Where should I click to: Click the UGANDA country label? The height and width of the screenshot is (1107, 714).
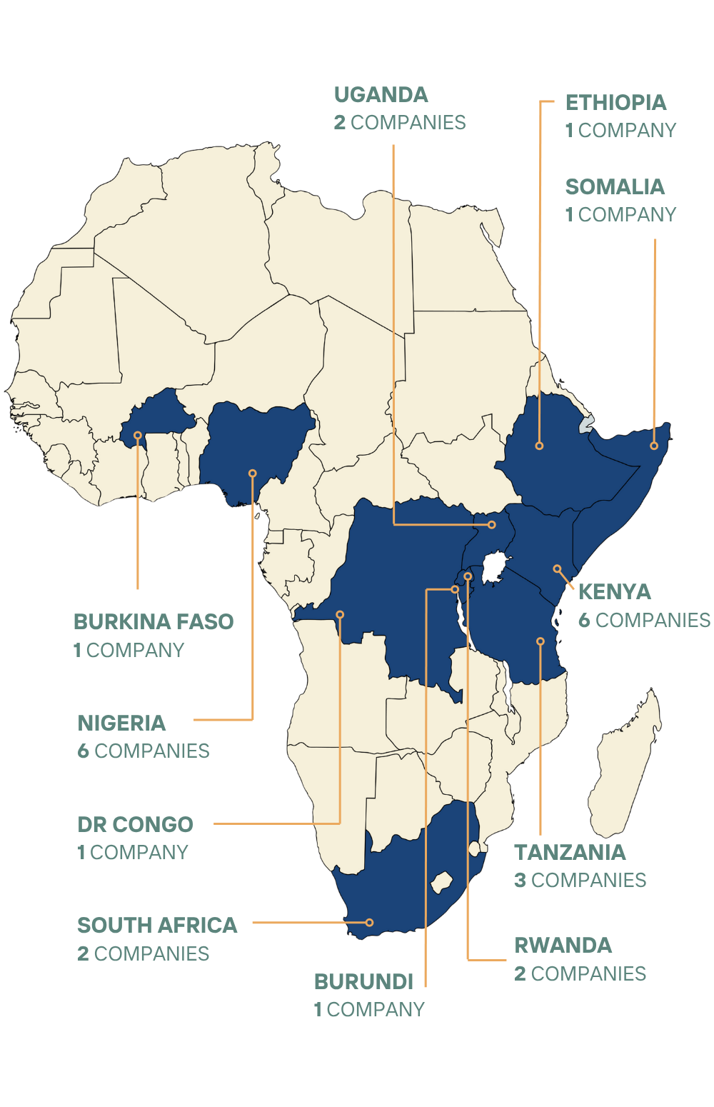point(381,95)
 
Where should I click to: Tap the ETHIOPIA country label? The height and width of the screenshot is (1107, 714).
point(615,103)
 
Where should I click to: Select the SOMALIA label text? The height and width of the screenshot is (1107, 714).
point(615,187)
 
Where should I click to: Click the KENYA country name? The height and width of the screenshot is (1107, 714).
point(614,592)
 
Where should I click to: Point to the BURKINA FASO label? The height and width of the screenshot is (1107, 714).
point(154,622)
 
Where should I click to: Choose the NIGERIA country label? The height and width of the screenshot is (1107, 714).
point(121,723)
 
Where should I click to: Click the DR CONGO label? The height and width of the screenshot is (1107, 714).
point(135,824)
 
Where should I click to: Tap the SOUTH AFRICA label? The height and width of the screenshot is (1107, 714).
point(157,926)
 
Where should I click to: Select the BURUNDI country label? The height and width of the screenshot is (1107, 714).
point(364,982)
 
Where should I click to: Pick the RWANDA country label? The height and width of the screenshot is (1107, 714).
point(563,946)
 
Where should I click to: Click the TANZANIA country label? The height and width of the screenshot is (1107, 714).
point(570,852)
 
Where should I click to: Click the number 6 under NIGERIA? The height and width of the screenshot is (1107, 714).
point(84,751)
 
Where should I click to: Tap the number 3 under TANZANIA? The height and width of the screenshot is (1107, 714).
point(521,881)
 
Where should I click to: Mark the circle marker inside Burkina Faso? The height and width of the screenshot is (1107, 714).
point(138,435)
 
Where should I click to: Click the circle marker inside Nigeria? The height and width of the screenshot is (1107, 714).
point(252,473)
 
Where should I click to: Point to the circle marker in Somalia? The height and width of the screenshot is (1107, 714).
point(653,446)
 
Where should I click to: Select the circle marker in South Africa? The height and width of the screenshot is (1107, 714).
point(369,922)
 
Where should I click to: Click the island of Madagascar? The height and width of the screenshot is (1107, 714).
point(628,764)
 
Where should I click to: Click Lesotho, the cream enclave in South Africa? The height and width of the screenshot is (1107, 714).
point(442,882)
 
